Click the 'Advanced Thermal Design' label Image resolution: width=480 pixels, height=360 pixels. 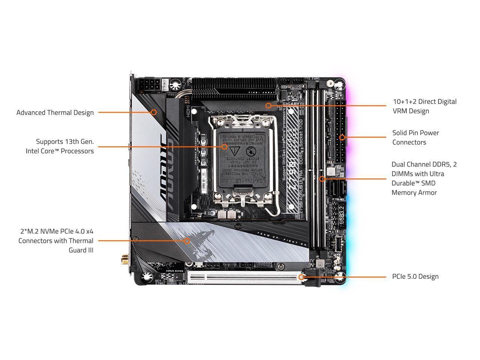coord(55,112)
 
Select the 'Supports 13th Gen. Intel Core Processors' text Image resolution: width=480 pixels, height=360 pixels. coord(60,146)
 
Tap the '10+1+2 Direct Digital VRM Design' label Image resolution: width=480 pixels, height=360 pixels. coord(424,106)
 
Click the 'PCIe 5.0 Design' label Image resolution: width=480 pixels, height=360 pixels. coord(415,277)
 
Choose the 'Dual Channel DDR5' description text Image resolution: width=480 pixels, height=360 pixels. coord(424,178)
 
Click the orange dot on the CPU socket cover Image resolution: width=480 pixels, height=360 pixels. coord(224,147)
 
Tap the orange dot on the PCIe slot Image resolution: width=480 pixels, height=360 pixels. coord(301,277)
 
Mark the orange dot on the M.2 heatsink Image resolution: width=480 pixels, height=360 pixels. coord(187,241)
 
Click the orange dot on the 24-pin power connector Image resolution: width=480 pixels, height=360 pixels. coord(342,138)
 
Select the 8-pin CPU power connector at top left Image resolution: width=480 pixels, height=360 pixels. coord(149,85)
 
